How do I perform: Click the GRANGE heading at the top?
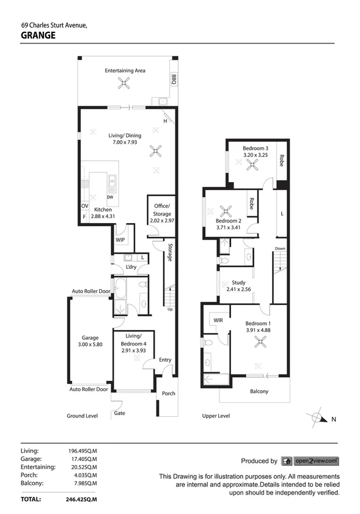38,35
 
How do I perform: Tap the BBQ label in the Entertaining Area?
173,79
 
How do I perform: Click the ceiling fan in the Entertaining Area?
125,85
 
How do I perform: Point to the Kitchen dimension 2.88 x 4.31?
97,216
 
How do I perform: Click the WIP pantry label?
120,240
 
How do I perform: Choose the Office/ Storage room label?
162,210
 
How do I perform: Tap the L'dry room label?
131,268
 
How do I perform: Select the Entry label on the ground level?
165,360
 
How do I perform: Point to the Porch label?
168,394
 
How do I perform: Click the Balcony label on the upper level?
259,392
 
